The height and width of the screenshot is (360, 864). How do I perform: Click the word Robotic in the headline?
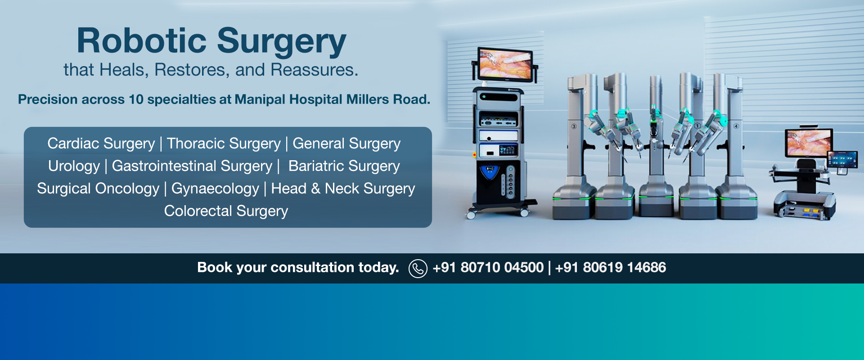(x=141, y=41)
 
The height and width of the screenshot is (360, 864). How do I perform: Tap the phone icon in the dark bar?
(x=418, y=268)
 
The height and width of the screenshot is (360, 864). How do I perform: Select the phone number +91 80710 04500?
(x=488, y=268)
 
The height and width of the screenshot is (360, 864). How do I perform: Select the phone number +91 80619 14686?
(x=610, y=268)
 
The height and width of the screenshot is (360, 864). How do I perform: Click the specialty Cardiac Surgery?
(x=101, y=144)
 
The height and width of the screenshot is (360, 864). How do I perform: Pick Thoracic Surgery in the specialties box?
(x=224, y=144)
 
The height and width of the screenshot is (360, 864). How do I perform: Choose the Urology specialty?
(x=74, y=166)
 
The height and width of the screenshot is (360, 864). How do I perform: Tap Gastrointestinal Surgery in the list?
(x=192, y=166)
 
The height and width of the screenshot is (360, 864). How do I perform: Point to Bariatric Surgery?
(x=344, y=166)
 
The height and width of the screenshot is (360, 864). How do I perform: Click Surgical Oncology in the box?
(x=98, y=189)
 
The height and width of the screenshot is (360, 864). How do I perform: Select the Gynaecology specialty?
(x=215, y=189)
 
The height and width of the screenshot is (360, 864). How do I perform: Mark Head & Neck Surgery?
(x=343, y=189)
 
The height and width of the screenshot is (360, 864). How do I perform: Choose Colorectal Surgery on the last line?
(x=226, y=211)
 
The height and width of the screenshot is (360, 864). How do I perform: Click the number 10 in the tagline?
(x=136, y=99)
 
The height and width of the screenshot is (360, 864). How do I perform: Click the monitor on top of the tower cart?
(x=504, y=64)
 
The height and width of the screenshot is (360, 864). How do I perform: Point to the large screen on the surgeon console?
(x=809, y=142)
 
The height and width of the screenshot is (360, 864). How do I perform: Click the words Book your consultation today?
(x=298, y=268)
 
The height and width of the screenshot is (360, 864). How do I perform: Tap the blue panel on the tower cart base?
(x=490, y=172)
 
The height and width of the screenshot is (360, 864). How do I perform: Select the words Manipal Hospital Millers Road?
(x=332, y=99)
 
